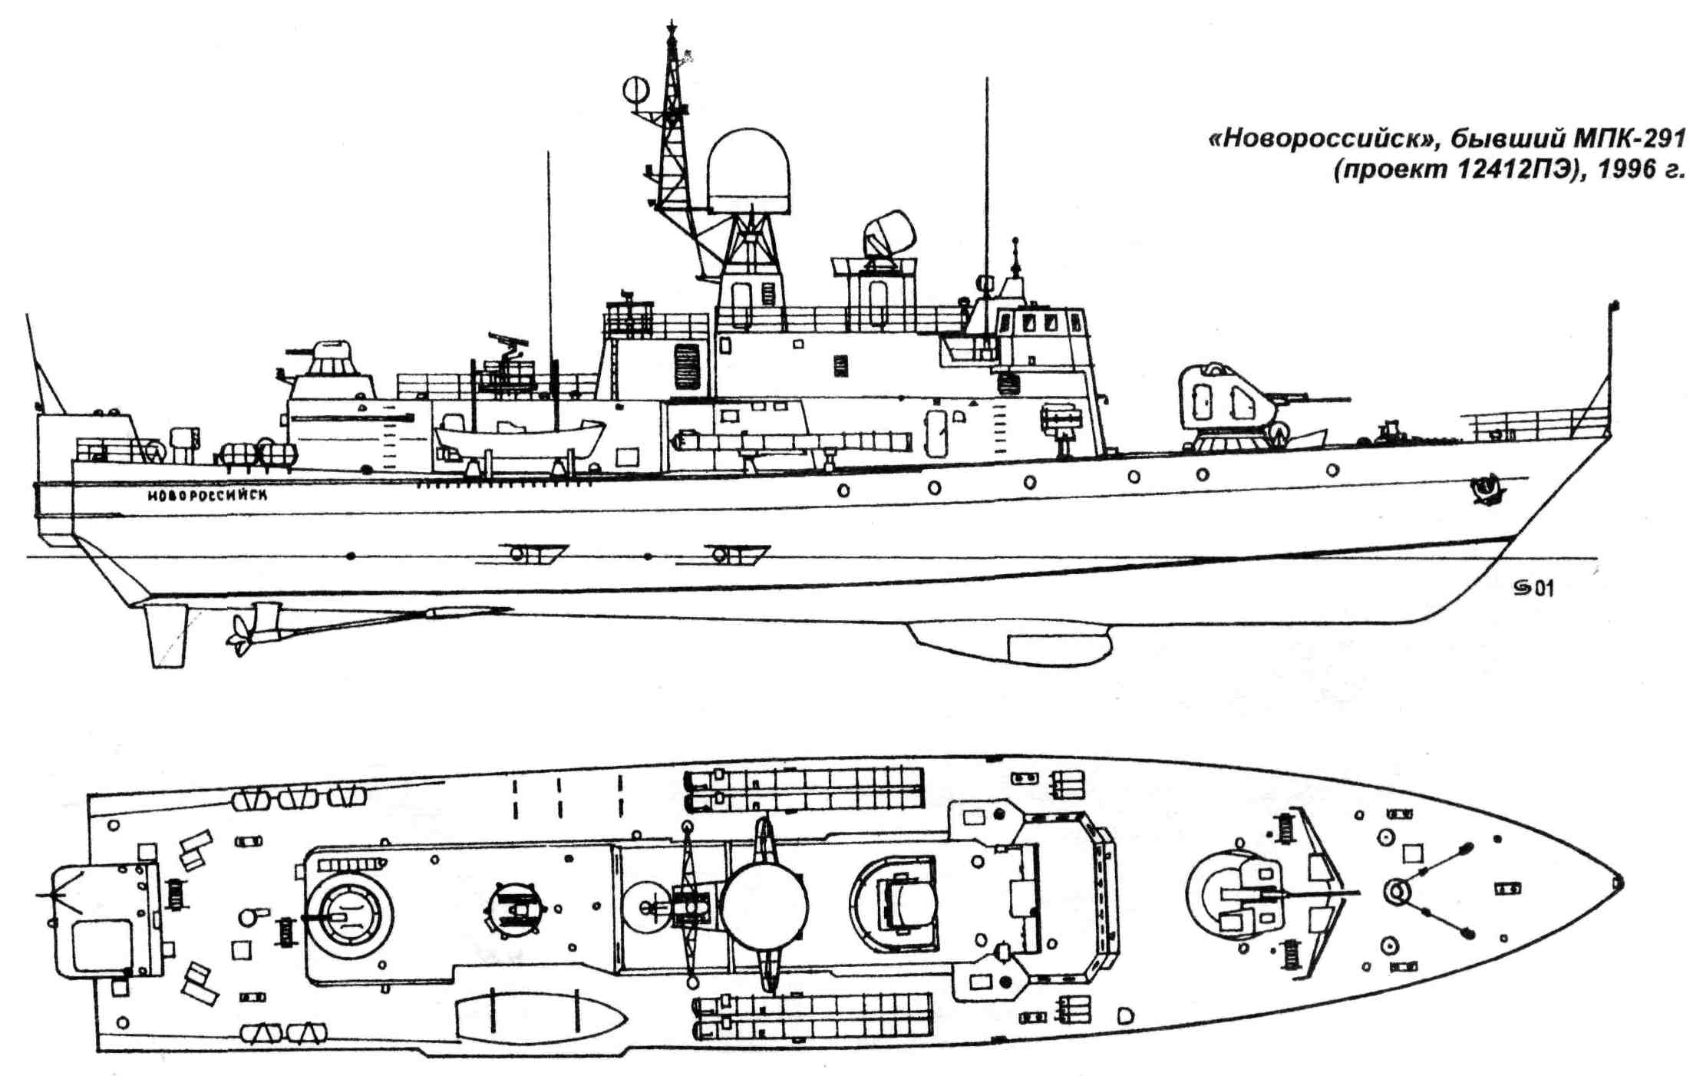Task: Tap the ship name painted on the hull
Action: [207, 496]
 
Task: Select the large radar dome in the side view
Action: [748, 171]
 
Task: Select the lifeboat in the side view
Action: [519, 440]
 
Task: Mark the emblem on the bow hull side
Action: [1487, 490]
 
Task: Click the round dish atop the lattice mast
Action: [635, 91]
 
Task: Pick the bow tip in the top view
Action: [1619, 883]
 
